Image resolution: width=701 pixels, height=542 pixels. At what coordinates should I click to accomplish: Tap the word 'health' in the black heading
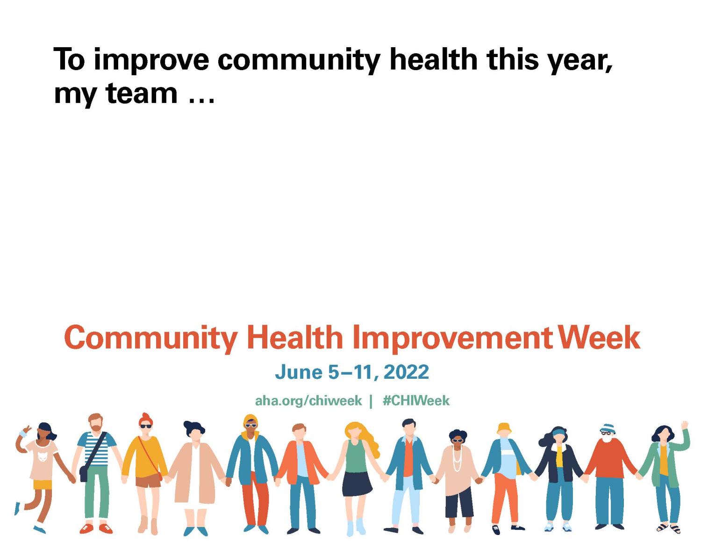(x=433, y=59)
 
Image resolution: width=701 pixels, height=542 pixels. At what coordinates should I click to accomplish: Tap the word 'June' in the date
(x=299, y=372)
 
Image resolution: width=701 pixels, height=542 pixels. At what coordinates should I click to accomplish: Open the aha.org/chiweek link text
(x=308, y=401)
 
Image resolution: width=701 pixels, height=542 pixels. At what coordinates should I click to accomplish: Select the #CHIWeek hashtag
(x=416, y=401)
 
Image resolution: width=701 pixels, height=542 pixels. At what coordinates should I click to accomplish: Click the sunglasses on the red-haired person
(x=146, y=426)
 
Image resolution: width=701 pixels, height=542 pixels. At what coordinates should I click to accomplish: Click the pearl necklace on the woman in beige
(x=457, y=458)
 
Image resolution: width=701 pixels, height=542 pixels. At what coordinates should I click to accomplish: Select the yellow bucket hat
(x=504, y=428)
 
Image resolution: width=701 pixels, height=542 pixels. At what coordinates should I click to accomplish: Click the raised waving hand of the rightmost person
(x=685, y=426)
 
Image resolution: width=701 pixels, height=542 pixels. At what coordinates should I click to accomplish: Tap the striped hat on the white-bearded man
(x=608, y=427)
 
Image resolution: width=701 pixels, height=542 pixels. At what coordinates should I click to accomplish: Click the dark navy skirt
(x=357, y=483)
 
